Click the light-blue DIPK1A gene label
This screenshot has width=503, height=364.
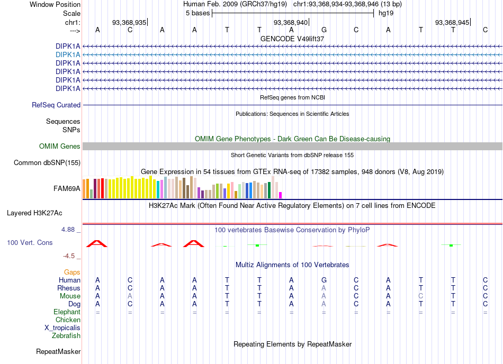[x=68, y=55]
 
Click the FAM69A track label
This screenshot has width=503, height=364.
[x=67, y=188]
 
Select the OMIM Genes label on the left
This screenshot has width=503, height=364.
[x=59, y=147]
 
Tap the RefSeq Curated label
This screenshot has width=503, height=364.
[x=56, y=105]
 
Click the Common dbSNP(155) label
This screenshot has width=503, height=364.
[x=47, y=163]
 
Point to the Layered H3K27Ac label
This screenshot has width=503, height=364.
[x=34, y=213]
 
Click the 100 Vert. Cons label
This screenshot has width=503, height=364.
[x=30, y=242]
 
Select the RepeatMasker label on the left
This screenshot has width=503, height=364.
[x=58, y=351]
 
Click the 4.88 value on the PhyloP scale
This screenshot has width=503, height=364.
[x=68, y=230]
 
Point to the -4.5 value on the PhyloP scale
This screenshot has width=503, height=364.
[x=69, y=256]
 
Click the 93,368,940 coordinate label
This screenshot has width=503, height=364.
[x=290, y=22]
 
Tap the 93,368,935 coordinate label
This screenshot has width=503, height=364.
[x=129, y=22]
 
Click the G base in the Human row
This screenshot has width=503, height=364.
[x=324, y=280]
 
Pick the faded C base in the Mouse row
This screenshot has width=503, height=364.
[x=420, y=296]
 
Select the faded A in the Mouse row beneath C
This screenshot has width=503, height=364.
[x=130, y=296]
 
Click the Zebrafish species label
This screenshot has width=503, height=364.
[x=66, y=336]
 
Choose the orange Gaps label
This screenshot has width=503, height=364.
[x=72, y=272]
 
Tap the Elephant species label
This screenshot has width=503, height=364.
[x=67, y=312]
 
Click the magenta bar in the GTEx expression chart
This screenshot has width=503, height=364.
[x=281, y=195]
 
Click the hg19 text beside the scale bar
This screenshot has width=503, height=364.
[x=386, y=13]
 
